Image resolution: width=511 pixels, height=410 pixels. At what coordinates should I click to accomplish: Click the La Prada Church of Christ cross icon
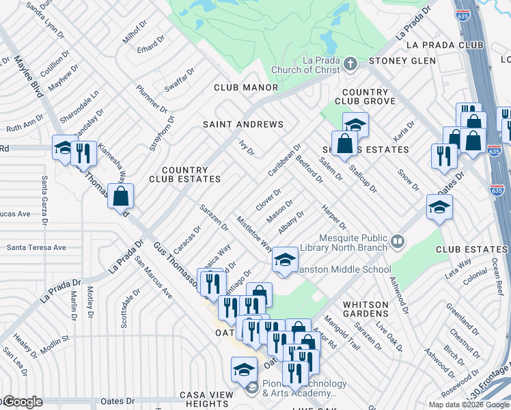pyautogui.click(x=350, y=65)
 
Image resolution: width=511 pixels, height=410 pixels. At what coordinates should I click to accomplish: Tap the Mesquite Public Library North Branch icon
pyautogui.click(x=398, y=241)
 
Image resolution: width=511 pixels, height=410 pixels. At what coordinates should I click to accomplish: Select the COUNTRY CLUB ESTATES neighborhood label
pyautogui.click(x=185, y=175)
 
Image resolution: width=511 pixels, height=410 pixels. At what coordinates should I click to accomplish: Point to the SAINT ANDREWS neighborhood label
pyautogui.click(x=243, y=124)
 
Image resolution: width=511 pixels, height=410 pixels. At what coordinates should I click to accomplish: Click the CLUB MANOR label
pyautogui.click(x=246, y=87)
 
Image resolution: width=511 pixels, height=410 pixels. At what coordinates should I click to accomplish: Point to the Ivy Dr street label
pyautogui.click(x=246, y=147)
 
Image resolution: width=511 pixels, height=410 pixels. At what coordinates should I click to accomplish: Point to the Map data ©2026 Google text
pyautogui.click(x=469, y=405)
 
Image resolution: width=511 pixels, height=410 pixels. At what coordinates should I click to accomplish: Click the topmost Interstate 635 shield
pyautogui.click(x=464, y=14)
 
